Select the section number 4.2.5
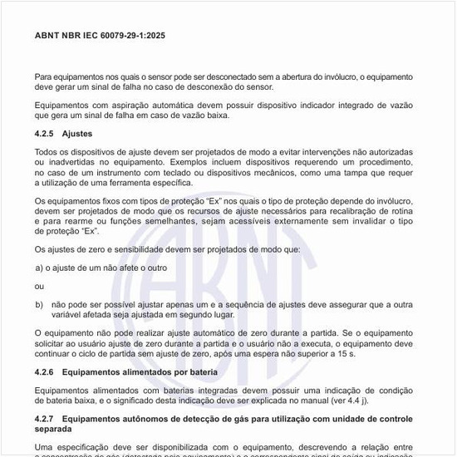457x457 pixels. click(x=44, y=133)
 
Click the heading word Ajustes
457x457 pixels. click(x=77, y=133)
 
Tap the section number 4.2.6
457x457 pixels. click(x=44, y=371)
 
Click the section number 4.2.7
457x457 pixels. click(x=44, y=418)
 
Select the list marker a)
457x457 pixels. click(x=39, y=268)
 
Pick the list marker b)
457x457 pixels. click(x=39, y=305)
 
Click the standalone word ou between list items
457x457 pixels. click(x=39, y=287)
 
